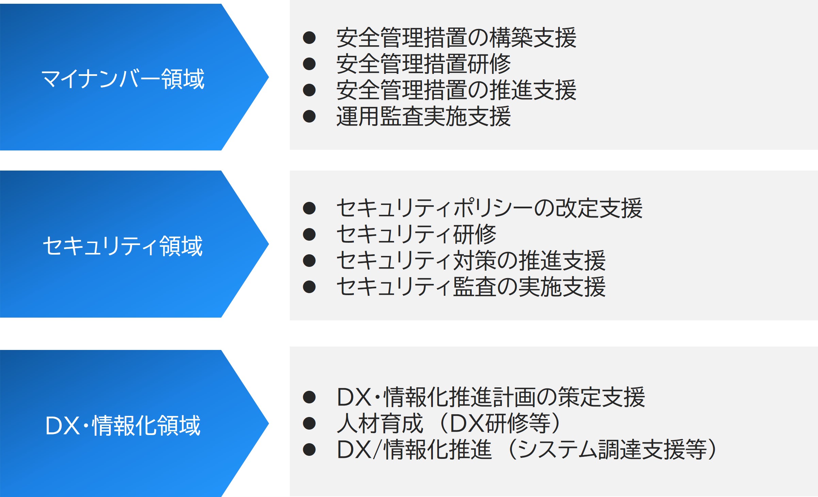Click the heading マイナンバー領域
[123, 79]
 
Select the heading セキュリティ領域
[123, 246]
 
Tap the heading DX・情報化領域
[123, 426]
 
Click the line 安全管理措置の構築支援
[456, 37]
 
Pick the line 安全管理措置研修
[424, 64]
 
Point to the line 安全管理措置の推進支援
[456, 90]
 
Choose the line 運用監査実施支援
[424, 116]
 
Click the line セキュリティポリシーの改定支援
[489, 208]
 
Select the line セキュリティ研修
[416, 234]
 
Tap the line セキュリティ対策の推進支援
[471, 261]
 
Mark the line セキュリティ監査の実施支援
[471, 287]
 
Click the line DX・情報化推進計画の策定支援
[491, 397]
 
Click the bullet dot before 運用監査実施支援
[309, 116]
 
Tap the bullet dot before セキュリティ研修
[309, 234]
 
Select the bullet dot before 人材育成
[309, 423]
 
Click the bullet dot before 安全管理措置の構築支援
[309, 37]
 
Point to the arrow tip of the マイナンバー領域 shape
[269, 77]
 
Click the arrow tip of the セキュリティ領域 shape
[269, 244]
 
